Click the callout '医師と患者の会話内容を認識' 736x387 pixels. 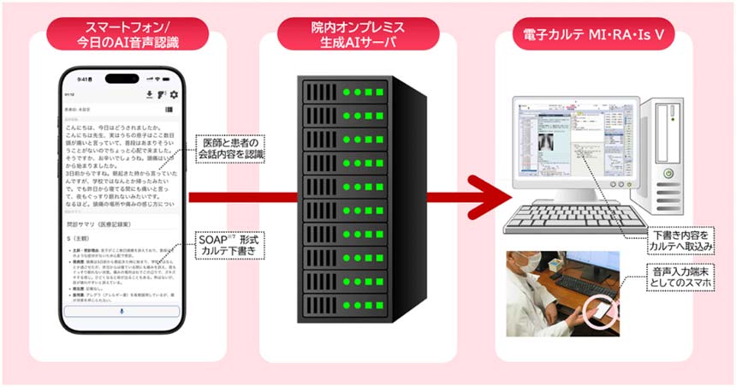(230, 147)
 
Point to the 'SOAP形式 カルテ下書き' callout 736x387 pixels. (231, 244)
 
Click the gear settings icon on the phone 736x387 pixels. (174, 94)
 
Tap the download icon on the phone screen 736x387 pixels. (150, 94)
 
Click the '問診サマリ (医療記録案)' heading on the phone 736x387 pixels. (99, 223)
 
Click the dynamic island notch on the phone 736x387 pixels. (122, 79)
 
